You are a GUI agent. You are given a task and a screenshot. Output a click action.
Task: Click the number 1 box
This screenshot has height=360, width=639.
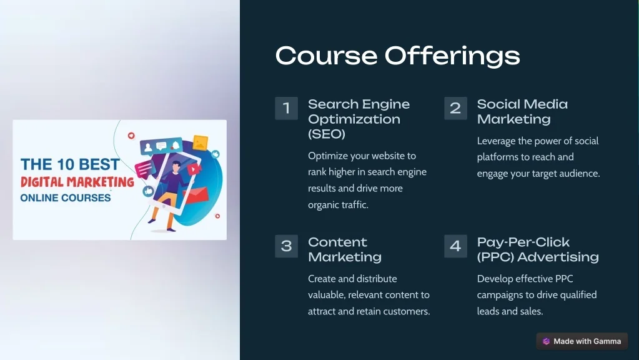click(287, 108)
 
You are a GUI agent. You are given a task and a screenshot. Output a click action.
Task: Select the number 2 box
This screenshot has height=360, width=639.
click(455, 108)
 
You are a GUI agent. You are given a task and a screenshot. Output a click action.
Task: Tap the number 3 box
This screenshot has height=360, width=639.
click(287, 246)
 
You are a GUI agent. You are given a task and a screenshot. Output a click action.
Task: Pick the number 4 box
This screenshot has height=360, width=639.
click(455, 246)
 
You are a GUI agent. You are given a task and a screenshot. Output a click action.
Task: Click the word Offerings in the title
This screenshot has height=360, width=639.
click(452, 56)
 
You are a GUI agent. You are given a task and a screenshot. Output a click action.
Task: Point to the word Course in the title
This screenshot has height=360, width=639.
click(327, 56)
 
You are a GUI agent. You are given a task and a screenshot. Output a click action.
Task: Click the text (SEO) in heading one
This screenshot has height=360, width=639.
click(327, 134)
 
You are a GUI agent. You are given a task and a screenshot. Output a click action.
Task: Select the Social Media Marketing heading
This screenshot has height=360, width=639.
click(522, 111)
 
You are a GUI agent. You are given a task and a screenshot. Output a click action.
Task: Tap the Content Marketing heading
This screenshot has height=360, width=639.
click(345, 249)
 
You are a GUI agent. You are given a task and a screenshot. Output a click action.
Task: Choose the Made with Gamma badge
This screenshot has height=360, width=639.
click(582, 341)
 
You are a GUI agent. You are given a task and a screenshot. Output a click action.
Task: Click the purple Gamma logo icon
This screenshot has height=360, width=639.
click(546, 341)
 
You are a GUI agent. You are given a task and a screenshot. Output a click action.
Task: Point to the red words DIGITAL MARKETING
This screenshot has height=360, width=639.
click(77, 182)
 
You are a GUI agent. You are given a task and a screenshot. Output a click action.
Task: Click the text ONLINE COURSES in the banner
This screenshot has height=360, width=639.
click(66, 197)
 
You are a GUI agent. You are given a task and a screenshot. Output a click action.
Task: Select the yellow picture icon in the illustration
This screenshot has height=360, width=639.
click(201, 142)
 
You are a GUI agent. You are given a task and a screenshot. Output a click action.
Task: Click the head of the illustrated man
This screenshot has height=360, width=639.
click(176, 166)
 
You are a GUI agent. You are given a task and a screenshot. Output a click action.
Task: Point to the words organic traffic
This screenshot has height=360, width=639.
click(338, 204)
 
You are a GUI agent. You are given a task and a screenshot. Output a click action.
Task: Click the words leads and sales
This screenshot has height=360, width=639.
click(510, 311)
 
